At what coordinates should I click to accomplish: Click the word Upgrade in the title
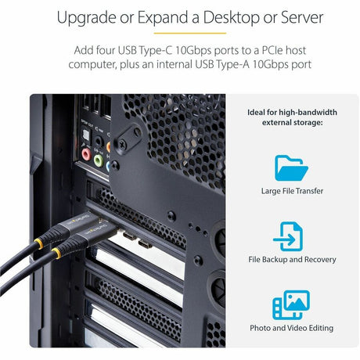[x=86, y=18]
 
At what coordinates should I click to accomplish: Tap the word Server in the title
[x=302, y=17]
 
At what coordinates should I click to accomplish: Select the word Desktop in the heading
[x=231, y=18]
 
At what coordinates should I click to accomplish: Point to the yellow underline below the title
[x=190, y=33]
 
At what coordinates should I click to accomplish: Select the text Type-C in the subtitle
[x=156, y=51]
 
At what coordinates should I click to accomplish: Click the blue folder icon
[x=291, y=168]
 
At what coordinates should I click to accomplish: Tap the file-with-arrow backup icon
[x=289, y=236]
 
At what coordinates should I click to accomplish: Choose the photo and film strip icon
[x=291, y=304]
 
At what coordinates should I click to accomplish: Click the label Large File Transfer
[x=292, y=191]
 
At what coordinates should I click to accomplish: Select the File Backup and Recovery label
[x=292, y=260]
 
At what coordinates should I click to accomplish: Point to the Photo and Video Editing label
[x=292, y=328]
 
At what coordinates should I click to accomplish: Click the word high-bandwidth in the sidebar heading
[x=308, y=113]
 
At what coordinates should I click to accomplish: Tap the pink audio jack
[x=86, y=154]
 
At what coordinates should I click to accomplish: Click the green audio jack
[x=99, y=160]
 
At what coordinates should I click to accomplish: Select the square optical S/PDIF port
[x=86, y=135]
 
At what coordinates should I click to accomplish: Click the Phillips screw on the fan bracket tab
[x=122, y=144]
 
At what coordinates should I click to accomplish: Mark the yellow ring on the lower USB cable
[x=56, y=254]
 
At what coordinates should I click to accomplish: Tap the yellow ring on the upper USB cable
[x=39, y=243]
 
